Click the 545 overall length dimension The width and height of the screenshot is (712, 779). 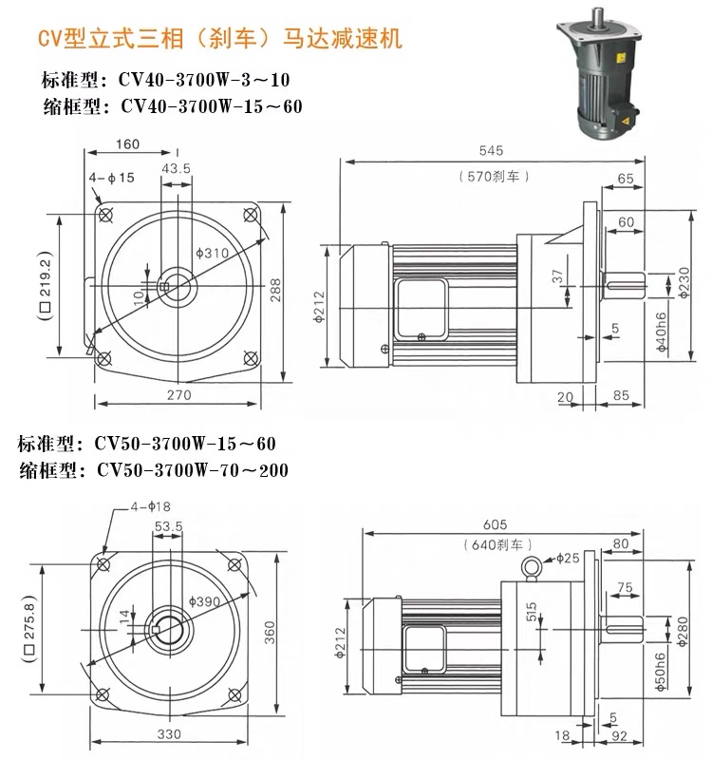pyautogui.click(x=491, y=150)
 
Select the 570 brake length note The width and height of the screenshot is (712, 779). pyautogui.click(x=492, y=176)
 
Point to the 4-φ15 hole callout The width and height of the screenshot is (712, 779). pyautogui.click(x=112, y=177)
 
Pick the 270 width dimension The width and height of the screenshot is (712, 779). pyautogui.click(x=178, y=394)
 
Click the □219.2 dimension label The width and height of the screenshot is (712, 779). pyautogui.click(x=45, y=286)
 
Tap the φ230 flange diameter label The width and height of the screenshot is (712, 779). pyautogui.click(x=684, y=281)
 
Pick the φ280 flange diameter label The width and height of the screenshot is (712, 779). pyautogui.click(x=684, y=627)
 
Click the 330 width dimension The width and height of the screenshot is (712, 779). pyautogui.click(x=169, y=735)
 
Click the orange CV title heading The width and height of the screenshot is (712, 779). pyautogui.click(x=219, y=39)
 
